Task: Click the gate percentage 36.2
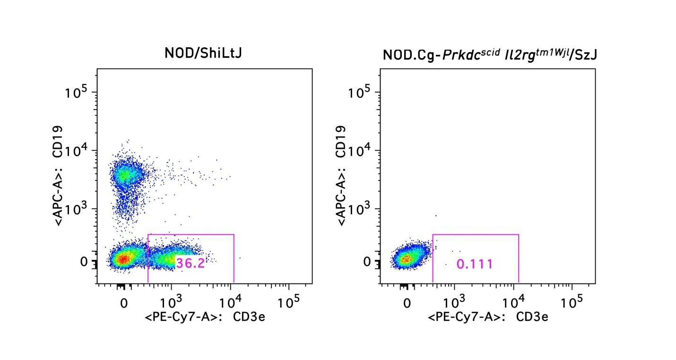click(191, 263)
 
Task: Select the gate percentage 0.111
click(475, 264)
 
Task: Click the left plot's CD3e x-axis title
click(205, 317)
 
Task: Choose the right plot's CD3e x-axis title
click(488, 317)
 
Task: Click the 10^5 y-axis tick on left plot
click(77, 93)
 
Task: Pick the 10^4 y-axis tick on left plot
click(77, 151)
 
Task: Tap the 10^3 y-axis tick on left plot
click(77, 209)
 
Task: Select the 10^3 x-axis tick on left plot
click(172, 301)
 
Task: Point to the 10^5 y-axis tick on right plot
click(360, 93)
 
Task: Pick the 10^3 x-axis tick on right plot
click(454, 301)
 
